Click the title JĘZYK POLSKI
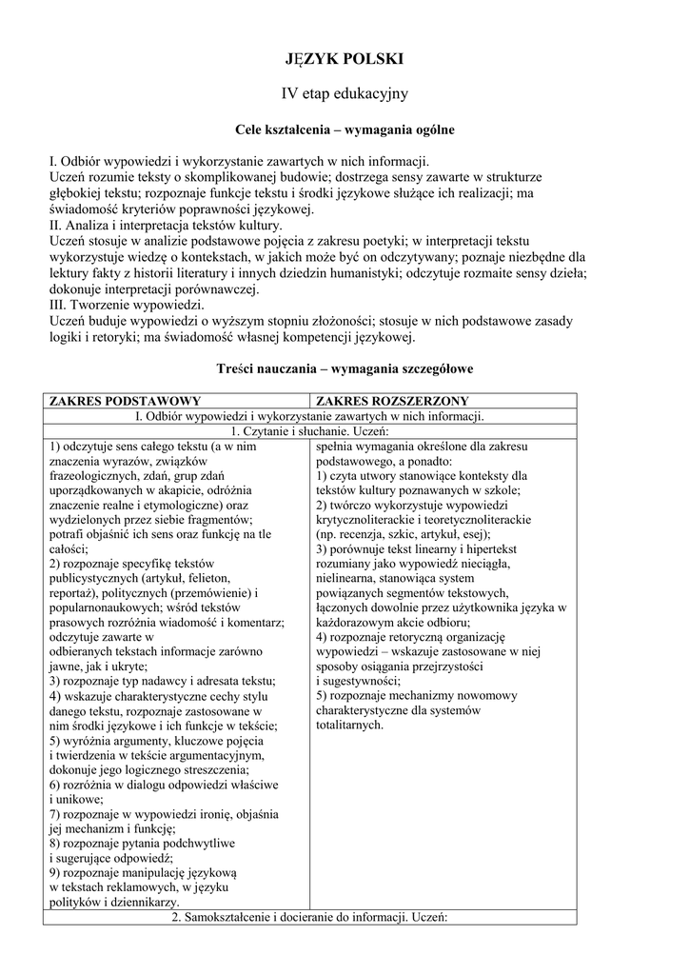(x=345, y=59)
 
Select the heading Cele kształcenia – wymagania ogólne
(x=345, y=128)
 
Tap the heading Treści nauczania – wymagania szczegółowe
(x=345, y=368)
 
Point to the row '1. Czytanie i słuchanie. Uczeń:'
(x=345, y=431)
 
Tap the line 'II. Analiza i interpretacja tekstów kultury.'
(x=166, y=226)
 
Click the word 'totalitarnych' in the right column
(x=349, y=725)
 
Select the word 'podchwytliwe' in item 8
(x=189, y=843)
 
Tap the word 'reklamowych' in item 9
(x=133, y=887)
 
